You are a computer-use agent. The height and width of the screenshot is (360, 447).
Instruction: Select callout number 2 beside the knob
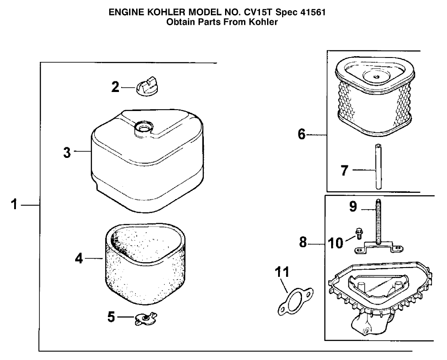pos(115,87)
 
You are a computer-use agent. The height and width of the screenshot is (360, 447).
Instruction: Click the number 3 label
pos(67,153)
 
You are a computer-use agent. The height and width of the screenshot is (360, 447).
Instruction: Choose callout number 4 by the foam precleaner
pos(79,258)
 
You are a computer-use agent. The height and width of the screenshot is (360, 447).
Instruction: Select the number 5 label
pos(111,317)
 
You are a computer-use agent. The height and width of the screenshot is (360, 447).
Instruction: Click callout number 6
pos(302,134)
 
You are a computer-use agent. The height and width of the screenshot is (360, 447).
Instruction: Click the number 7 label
pos(345,170)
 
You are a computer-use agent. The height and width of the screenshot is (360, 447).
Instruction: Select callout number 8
pos(303,243)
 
